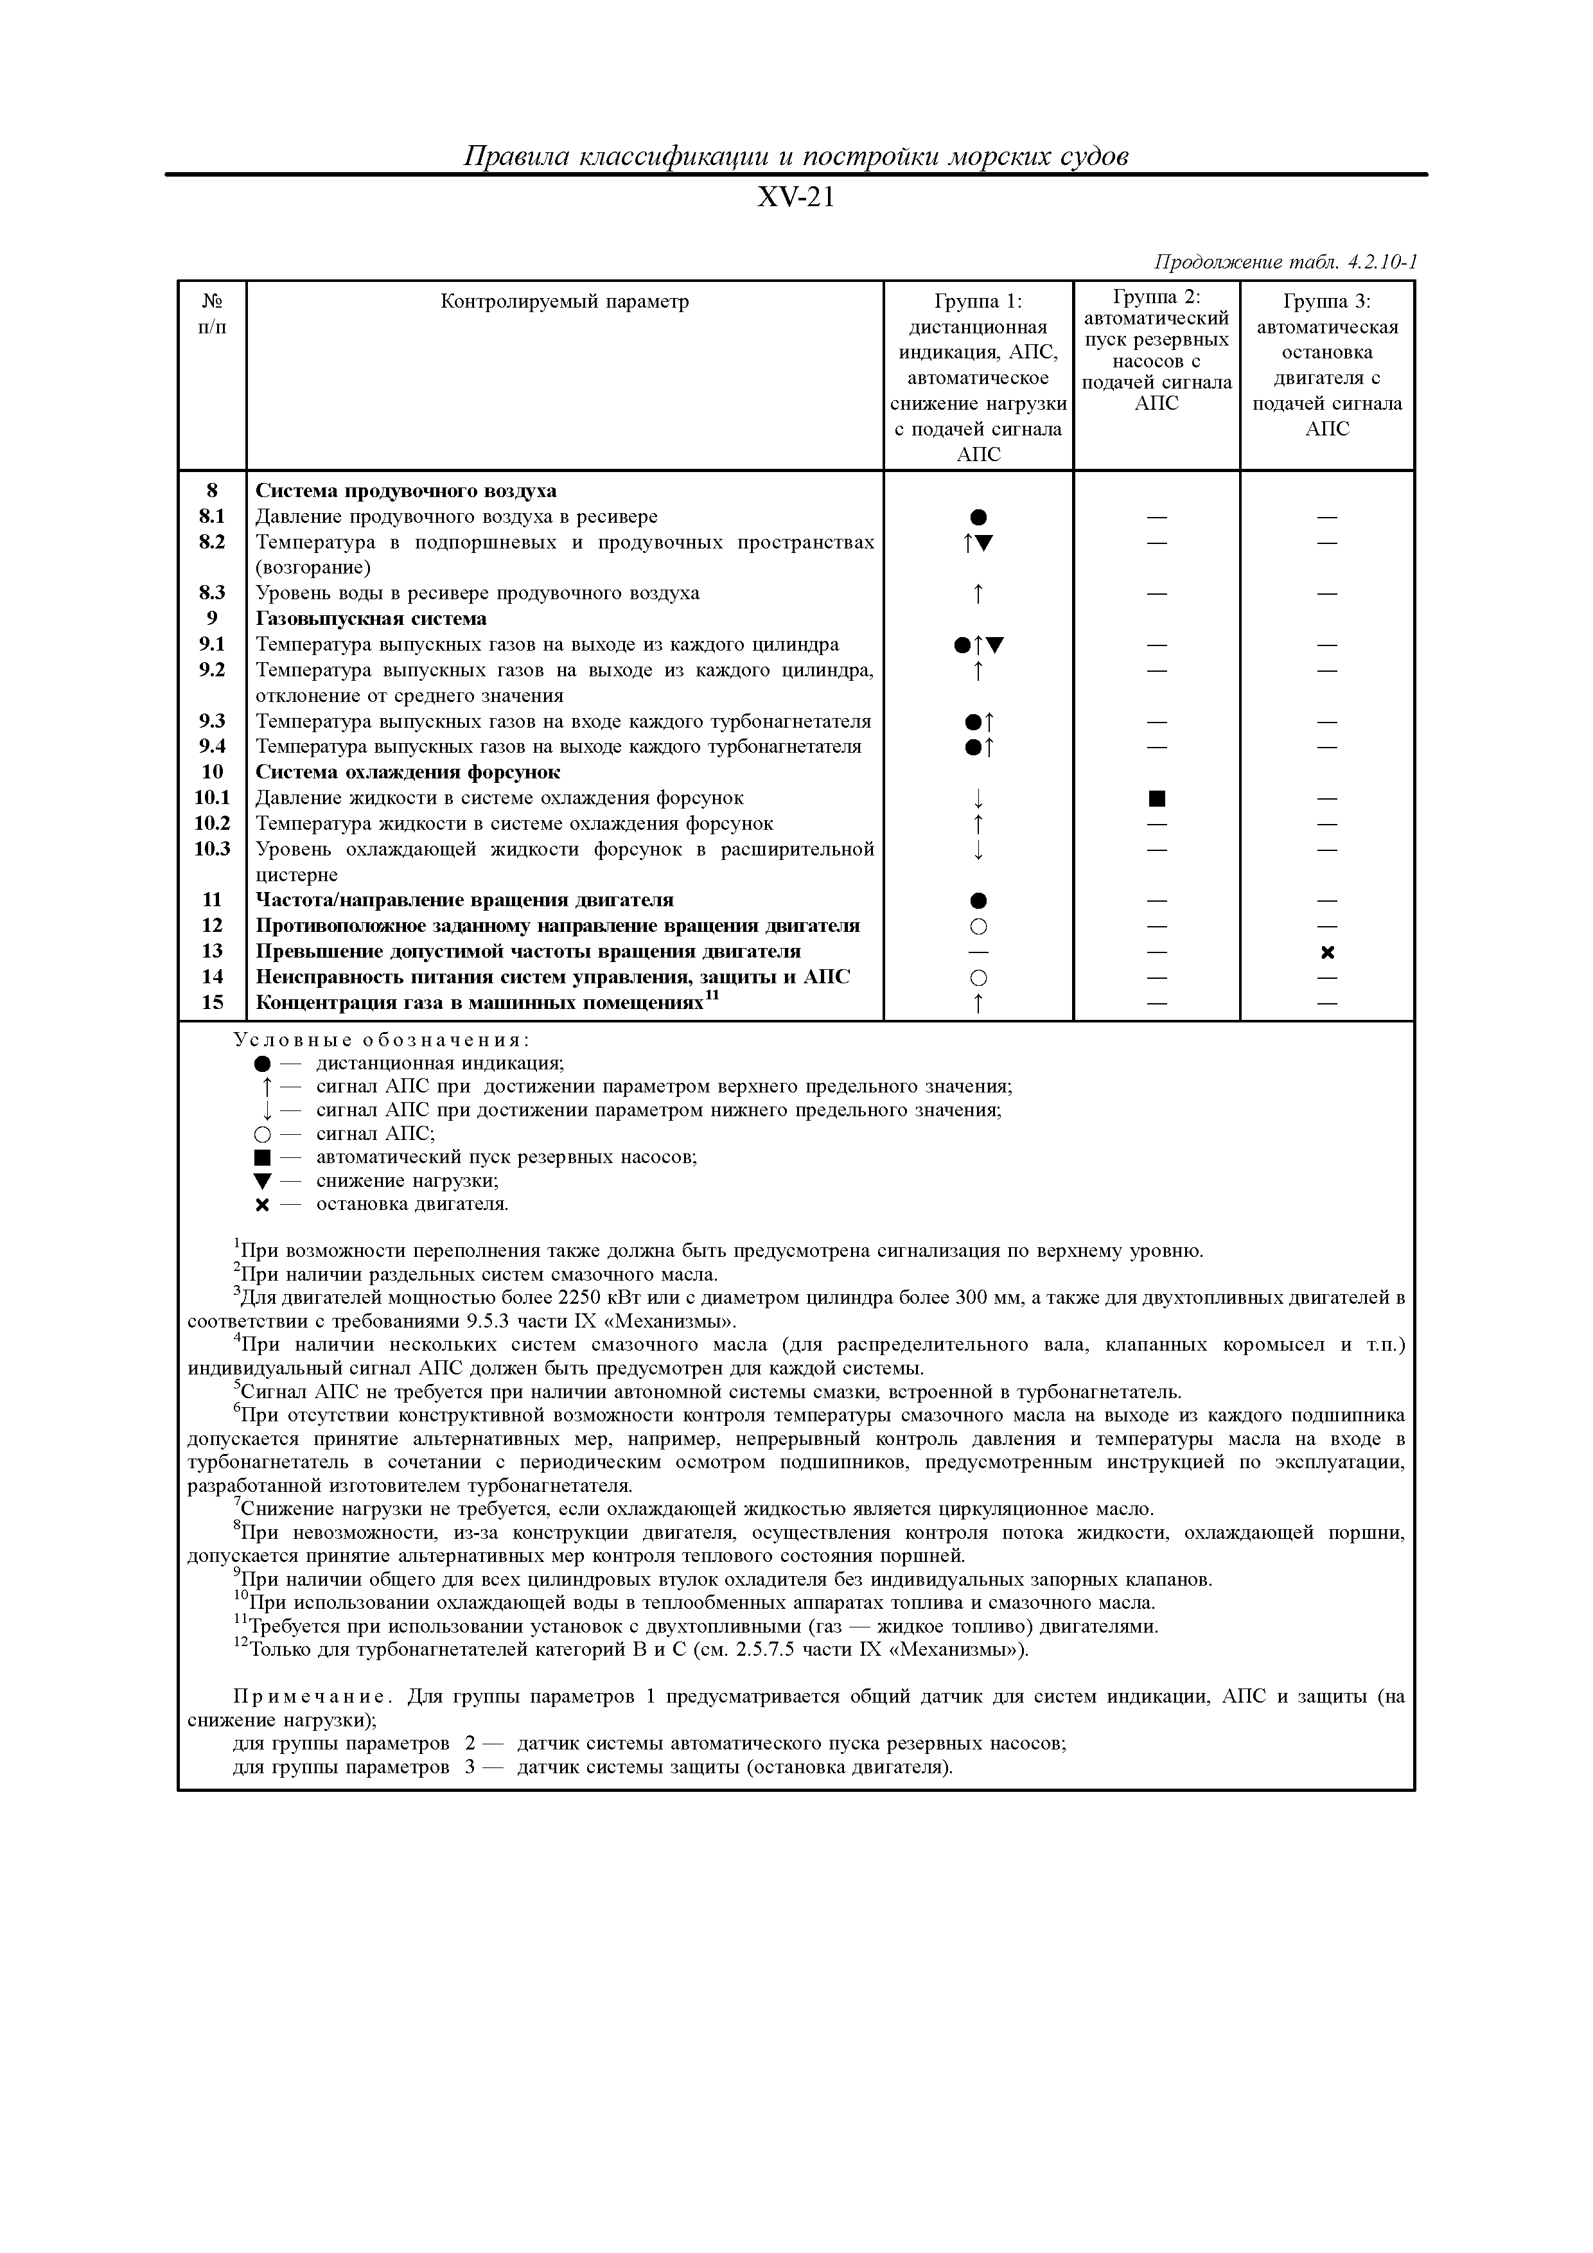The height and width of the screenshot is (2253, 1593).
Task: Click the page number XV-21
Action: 796,198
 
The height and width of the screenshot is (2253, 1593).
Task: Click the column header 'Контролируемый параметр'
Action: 565,301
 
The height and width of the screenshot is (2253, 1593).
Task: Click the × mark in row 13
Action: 1327,953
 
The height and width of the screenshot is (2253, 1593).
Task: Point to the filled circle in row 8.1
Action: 978,517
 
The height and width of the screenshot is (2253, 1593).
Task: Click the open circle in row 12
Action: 978,926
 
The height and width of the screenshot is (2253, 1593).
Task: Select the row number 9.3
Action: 212,721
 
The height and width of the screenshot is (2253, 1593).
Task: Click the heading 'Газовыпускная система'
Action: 371,619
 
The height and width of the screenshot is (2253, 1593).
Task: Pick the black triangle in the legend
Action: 261,1182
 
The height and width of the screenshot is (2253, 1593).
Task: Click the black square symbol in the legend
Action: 261,1158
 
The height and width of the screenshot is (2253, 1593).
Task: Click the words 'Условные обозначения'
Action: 382,1040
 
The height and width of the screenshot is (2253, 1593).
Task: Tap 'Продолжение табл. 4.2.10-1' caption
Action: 1285,262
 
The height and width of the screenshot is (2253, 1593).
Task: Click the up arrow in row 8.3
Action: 978,593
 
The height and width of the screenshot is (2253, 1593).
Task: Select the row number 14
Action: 212,976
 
